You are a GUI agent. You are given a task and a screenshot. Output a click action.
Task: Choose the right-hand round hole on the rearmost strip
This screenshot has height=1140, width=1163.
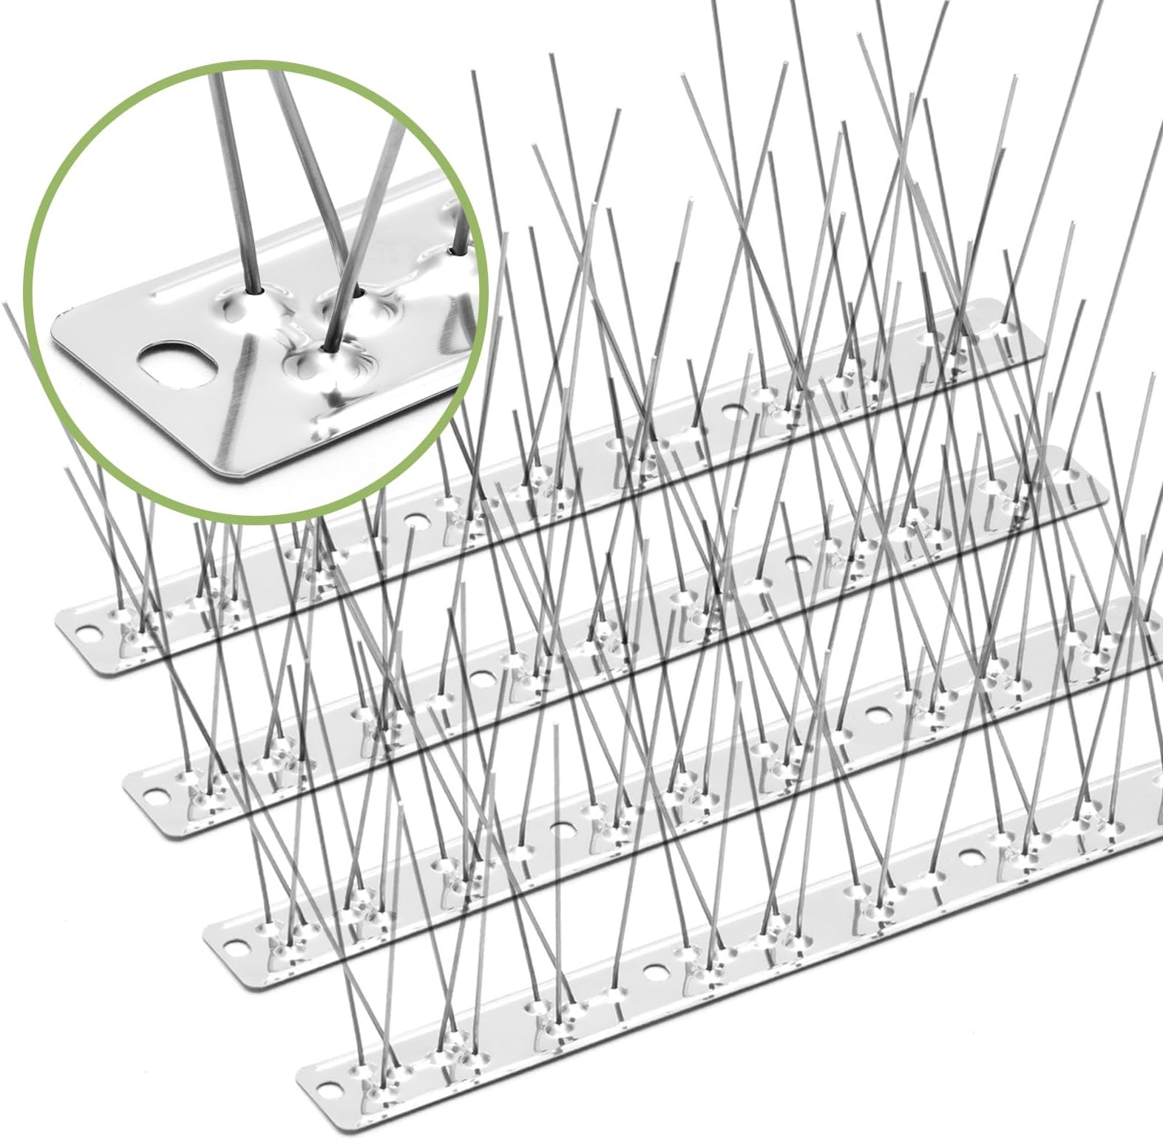pyautogui.click(x=733, y=412)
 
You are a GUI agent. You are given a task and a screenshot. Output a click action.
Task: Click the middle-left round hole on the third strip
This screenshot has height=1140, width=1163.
pyautogui.click(x=563, y=826)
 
